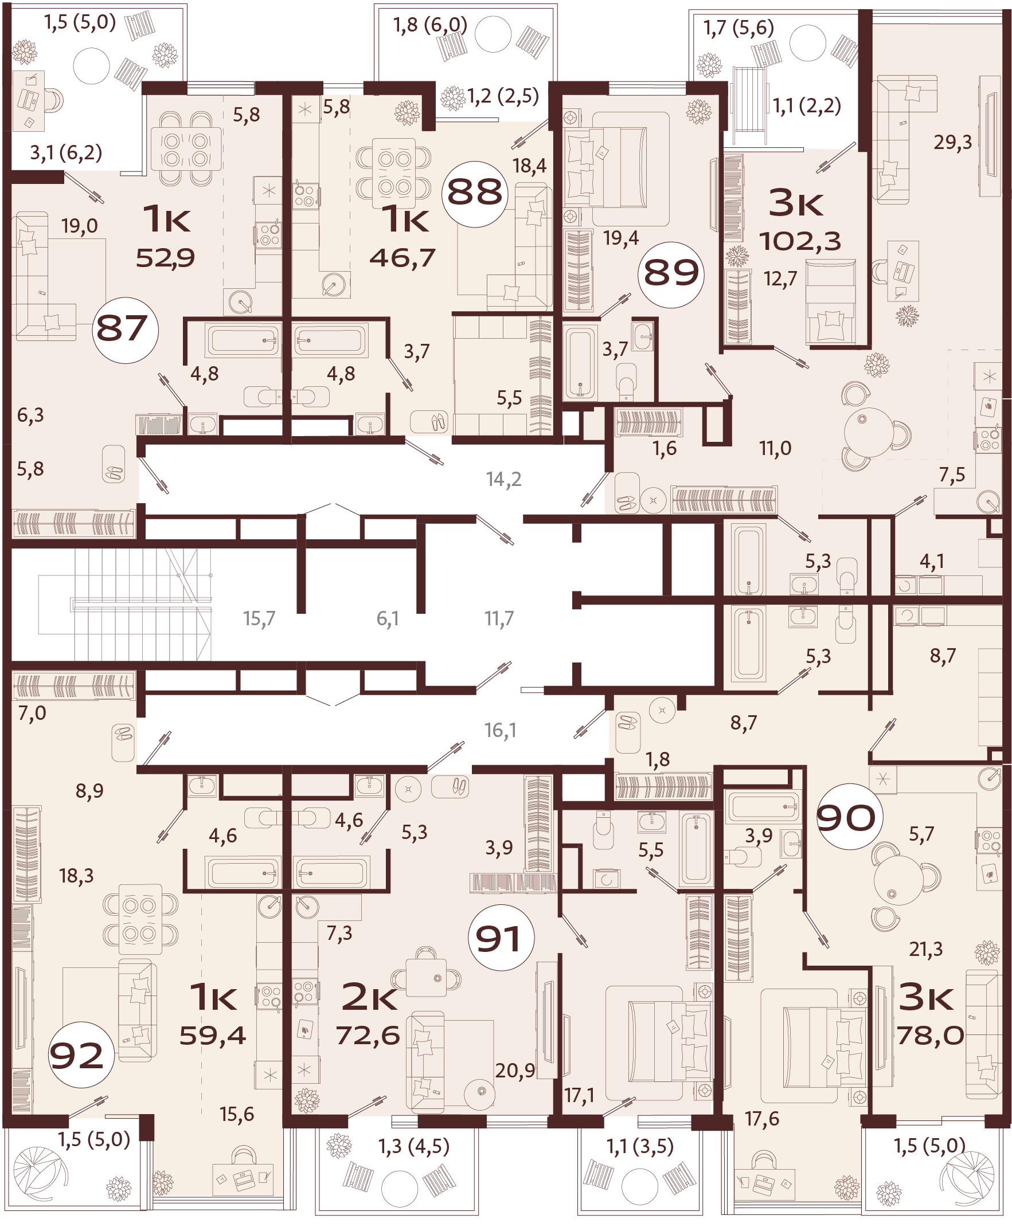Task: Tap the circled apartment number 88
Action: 475,194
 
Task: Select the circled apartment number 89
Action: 671,275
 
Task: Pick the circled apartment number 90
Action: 846,817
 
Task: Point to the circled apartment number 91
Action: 500,938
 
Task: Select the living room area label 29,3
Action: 952,142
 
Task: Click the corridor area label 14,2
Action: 503,480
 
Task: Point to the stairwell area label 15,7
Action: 259,618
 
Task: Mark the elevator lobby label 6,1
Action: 388,618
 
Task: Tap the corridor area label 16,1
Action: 500,730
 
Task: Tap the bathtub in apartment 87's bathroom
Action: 241,340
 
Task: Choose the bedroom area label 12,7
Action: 780,280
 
